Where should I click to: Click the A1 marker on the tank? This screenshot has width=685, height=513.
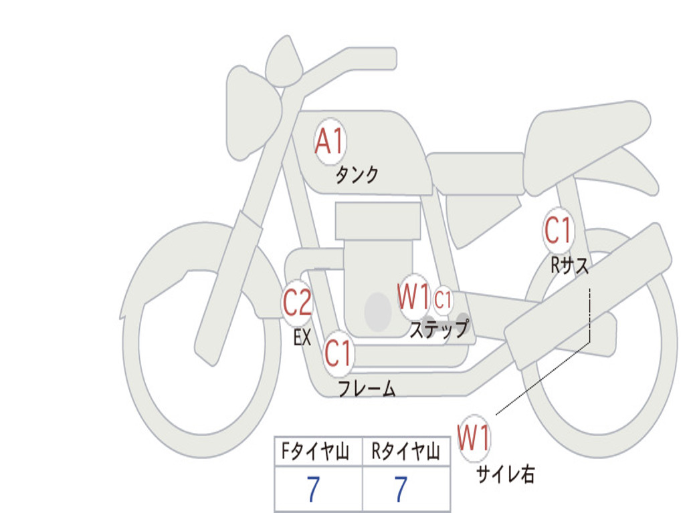click(x=330, y=142)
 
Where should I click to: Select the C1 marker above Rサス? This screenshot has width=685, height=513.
click(x=559, y=230)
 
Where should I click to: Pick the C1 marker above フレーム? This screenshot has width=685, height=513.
click(x=338, y=353)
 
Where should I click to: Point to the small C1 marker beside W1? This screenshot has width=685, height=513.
click(x=444, y=301)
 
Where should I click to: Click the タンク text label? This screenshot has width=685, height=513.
click(x=357, y=175)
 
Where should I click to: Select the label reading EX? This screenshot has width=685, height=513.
click(x=302, y=337)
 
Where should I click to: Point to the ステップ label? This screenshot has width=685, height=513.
click(x=439, y=329)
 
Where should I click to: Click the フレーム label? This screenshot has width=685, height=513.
click(x=367, y=389)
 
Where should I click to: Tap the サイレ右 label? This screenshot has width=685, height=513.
click(x=506, y=474)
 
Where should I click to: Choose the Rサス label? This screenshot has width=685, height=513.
click(x=570, y=266)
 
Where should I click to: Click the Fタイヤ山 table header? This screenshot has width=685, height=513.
click(x=314, y=454)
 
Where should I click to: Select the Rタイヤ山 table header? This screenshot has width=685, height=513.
click(x=405, y=454)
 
